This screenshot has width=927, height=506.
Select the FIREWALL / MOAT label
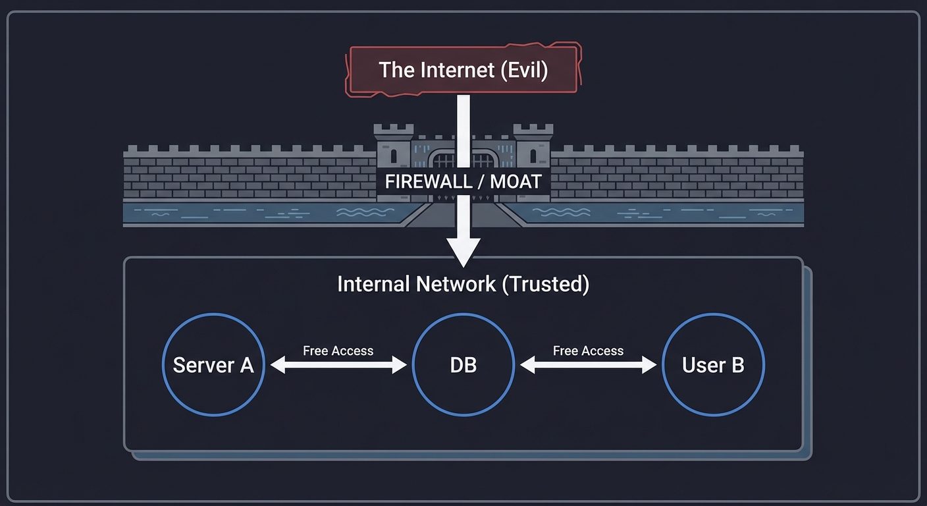pyautogui.click(x=463, y=182)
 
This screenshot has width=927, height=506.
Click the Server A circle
pyautogui.click(x=213, y=364)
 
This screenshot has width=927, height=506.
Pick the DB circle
pyautogui.click(x=463, y=364)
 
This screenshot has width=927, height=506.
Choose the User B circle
pyautogui.click(x=713, y=364)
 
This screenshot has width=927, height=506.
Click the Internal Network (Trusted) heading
pyautogui.click(x=463, y=284)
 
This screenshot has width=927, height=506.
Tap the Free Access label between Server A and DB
pyautogui.click(x=338, y=351)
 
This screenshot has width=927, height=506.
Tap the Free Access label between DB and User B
pyautogui.click(x=588, y=351)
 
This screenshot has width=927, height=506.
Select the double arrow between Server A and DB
pyautogui.click(x=338, y=365)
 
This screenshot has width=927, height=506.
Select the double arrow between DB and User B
pyautogui.click(x=588, y=365)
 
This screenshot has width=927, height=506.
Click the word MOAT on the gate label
pyautogui.click(x=516, y=182)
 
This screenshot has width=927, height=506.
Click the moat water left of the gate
pyautogui.click(x=263, y=213)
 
